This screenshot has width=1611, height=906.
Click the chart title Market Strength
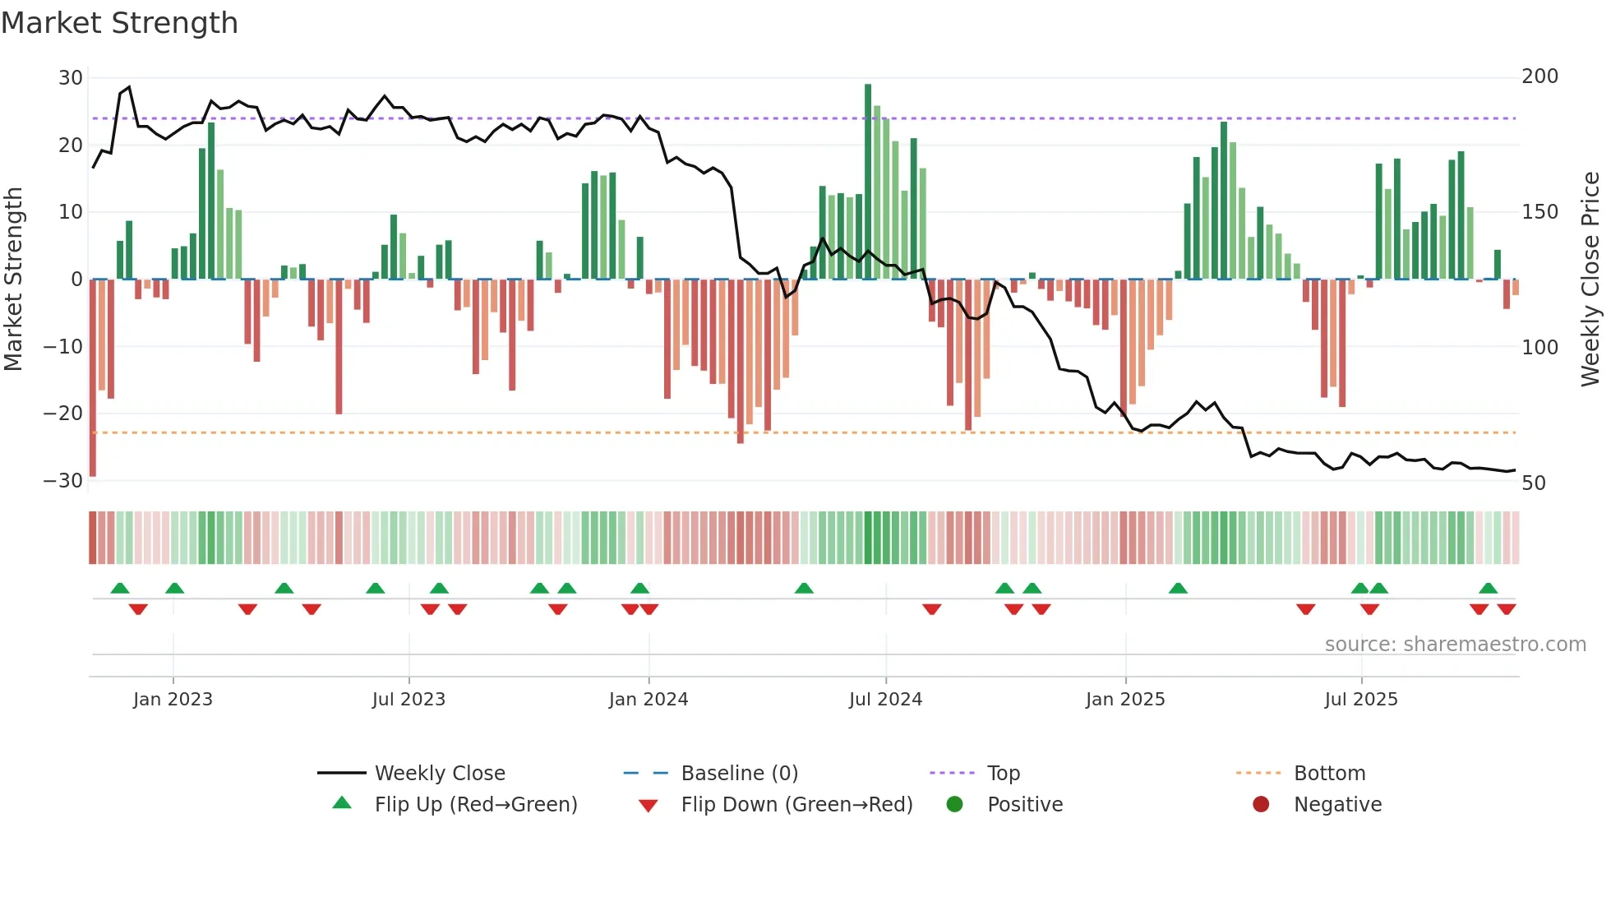click(x=119, y=23)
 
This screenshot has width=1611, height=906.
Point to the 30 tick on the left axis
click(x=71, y=78)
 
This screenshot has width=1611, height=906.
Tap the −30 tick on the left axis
click(x=63, y=481)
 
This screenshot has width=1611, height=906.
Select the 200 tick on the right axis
click(x=1539, y=76)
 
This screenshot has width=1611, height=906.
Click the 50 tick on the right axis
click(x=1534, y=483)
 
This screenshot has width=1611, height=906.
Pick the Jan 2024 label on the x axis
click(x=648, y=700)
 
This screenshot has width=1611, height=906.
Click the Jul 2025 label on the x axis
click(x=1360, y=700)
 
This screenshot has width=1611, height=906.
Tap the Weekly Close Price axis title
click(x=1590, y=279)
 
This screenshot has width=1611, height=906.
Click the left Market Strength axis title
click(x=13, y=279)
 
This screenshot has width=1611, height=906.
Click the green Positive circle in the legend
click(x=954, y=804)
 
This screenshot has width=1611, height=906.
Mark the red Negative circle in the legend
click(x=1261, y=804)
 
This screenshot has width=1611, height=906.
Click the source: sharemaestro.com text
click(x=1455, y=645)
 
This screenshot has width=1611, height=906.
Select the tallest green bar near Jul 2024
click(x=868, y=181)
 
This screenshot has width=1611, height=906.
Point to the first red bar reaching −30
click(x=93, y=378)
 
